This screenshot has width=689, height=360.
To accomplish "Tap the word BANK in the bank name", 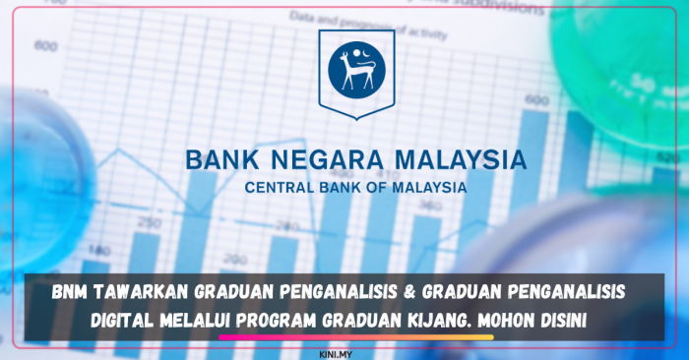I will pyautogui.click(x=221, y=160).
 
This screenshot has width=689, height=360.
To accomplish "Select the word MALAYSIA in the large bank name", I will pyautogui.click(x=463, y=160).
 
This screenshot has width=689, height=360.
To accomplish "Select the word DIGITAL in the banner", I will pyautogui.click(x=129, y=319).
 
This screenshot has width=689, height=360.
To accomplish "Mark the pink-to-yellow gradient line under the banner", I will pyautogui.click(x=355, y=336).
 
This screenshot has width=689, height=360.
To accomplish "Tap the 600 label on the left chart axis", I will pyautogui.click(x=46, y=45).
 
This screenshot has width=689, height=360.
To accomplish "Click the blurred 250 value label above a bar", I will pyautogui.click(x=150, y=224).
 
